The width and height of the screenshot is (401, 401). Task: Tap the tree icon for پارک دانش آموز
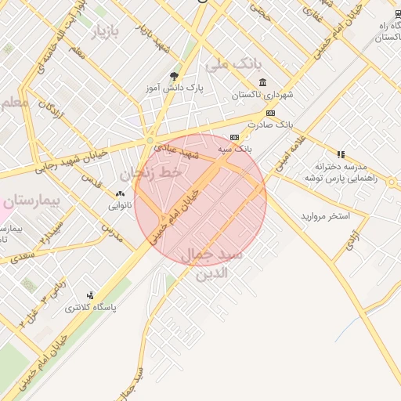click(174, 76)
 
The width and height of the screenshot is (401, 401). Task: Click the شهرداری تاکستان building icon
click(262, 83)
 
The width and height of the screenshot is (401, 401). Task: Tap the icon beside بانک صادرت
click(270, 113)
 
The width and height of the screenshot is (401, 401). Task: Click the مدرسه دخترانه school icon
click(340, 154)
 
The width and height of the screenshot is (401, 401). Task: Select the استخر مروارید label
click(325, 215)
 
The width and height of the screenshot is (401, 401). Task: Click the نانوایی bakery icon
click(120, 193)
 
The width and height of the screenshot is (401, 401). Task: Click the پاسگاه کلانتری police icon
click(91, 295)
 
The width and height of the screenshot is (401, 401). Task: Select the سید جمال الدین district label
click(212, 265)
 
